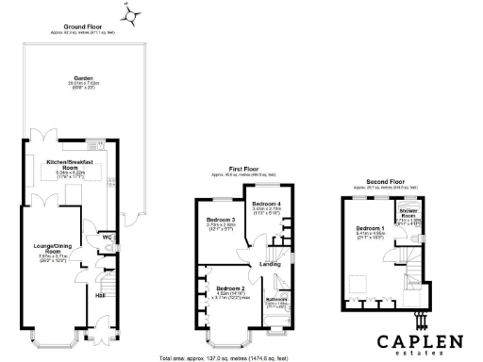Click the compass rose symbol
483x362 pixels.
(131, 13)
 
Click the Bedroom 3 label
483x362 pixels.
(220, 221)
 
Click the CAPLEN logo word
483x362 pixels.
(423, 338)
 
